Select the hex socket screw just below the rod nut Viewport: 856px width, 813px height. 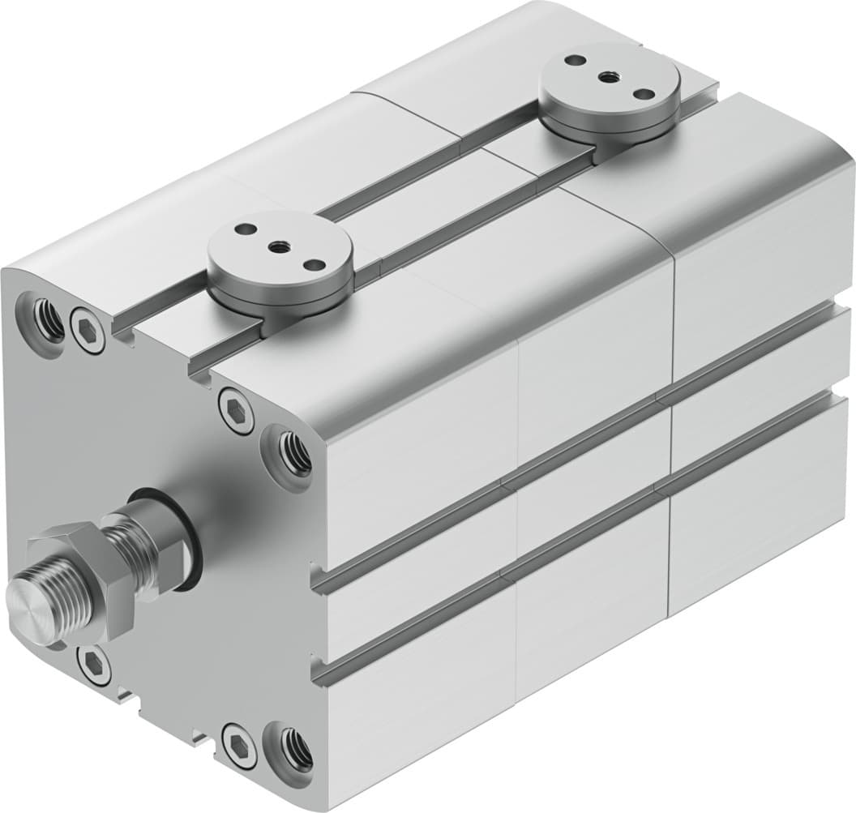[x=92, y=665]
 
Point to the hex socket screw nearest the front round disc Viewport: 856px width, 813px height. [x=233, y=404]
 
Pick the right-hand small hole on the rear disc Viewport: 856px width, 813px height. [x=642, y=93]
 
